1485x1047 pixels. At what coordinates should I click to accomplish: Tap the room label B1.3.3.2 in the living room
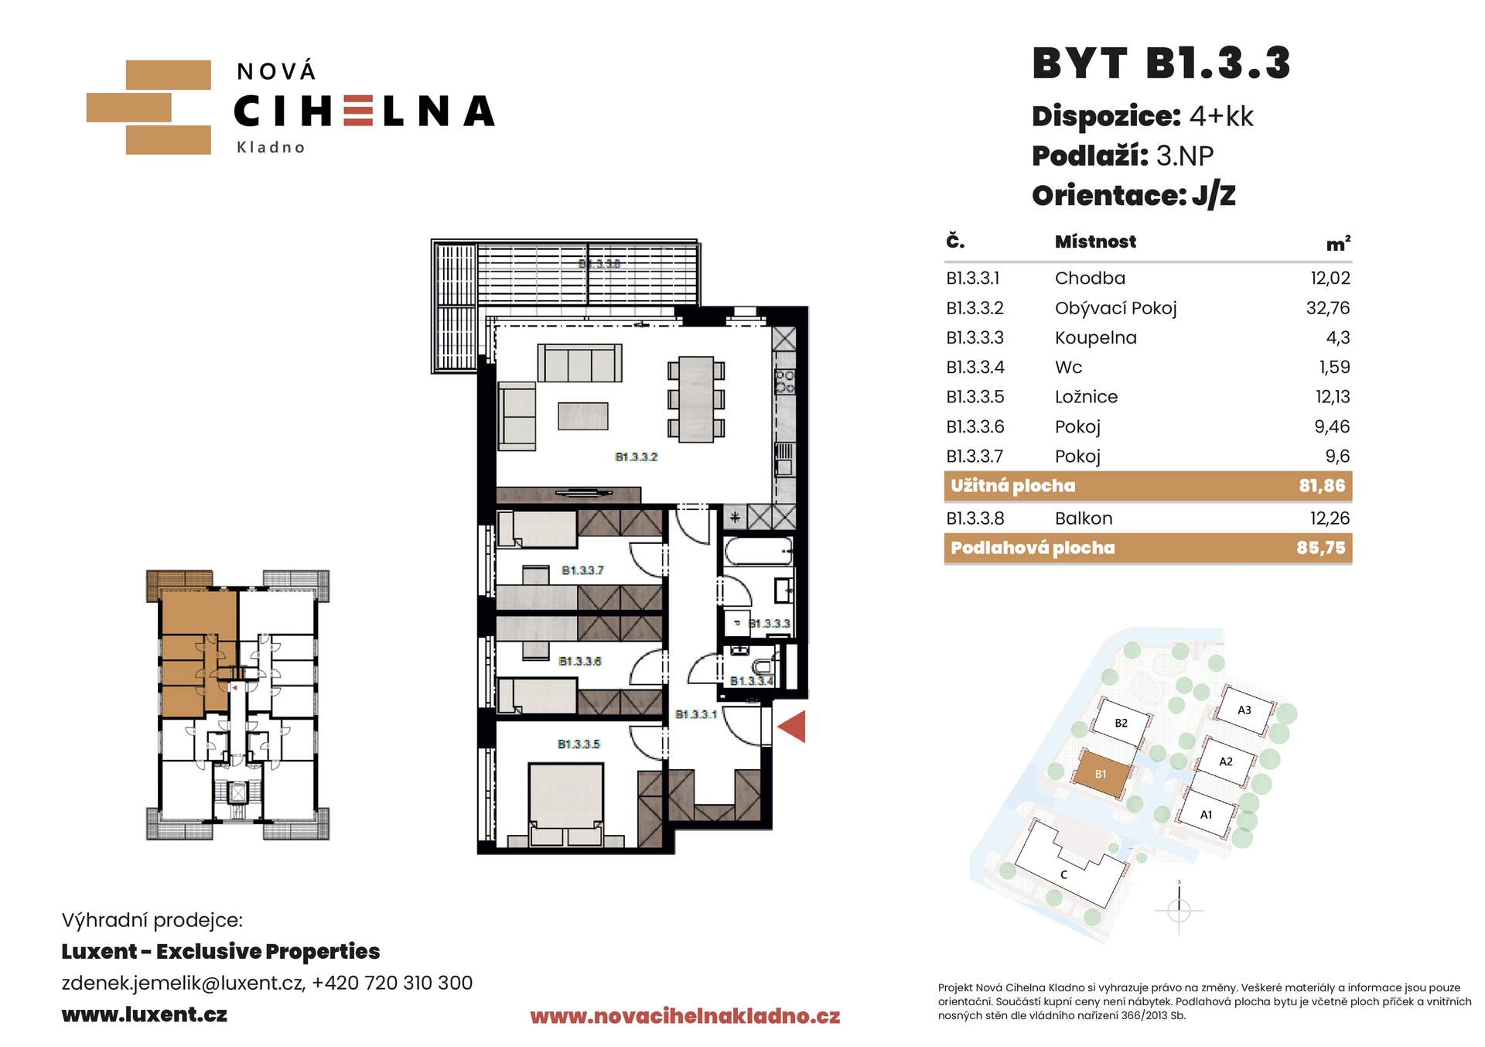click(x=636, y=457)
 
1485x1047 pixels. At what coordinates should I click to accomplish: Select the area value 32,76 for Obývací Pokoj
click(x=1328, y=308)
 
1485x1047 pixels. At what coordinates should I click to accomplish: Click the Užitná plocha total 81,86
click(x=1322, y=486)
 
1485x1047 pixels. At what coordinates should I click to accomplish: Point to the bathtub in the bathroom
click(x=758, y=552)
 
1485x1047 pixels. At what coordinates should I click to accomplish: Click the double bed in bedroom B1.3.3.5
click(x=565, y=804)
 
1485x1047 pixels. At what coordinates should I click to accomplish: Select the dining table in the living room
click(x=696, y=399)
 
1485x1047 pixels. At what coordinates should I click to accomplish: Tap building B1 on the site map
click(x=1101, y=774)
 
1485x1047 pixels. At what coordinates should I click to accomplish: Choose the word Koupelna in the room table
click(x=1095, y=338)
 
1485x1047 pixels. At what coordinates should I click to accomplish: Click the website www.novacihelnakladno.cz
click(x=684, y=1016)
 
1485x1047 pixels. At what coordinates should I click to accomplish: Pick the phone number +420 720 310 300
click(x=392, y=983)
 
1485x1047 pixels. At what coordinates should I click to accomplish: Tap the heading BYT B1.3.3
click(x=1161, y=63)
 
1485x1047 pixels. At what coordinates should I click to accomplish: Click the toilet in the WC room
click(x=763, y=666)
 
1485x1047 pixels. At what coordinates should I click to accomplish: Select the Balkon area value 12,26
click(x=1330, y=518)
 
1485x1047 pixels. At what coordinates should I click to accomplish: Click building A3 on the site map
click(x=1244, y=710)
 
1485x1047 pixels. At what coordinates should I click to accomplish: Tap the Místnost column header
click(x=1095, y=241)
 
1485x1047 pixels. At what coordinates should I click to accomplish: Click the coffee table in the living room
click(x=583, y=416)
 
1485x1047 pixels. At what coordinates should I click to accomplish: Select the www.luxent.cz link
click(x=145, y=1014)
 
